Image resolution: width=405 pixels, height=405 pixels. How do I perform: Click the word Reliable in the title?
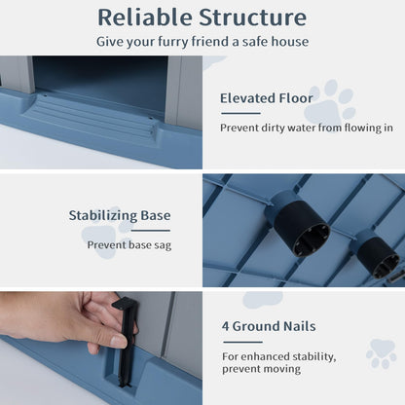click(x=144, y=18)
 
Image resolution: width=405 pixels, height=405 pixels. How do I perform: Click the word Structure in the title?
click(x=253, y=18)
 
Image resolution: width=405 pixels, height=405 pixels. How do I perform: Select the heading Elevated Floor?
click(x=267, y=98)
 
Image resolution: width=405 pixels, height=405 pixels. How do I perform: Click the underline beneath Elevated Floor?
click(x=240, y=113)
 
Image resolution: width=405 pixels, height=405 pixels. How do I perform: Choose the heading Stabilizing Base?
click(x=120, y=215)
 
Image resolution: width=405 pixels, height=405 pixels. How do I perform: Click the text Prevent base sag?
click(x=129, y=245)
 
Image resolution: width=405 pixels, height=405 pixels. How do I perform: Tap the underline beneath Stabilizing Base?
click(x=151, y=231)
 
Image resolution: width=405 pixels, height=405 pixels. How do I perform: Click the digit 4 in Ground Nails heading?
click(x=226, y=326)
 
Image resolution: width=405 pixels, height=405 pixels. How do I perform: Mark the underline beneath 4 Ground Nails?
click(x=242, y=342)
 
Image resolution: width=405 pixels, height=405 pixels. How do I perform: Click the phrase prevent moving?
click(x=262, y=369)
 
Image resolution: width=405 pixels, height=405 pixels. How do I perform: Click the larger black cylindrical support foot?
click(x=302, y=229)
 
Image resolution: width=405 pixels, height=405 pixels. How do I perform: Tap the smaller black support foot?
click(x=378, y=257)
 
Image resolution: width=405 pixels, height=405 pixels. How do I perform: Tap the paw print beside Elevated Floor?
click(x=329, y=100)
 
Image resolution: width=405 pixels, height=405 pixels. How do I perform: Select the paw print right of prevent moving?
click(x=382, y=353)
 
